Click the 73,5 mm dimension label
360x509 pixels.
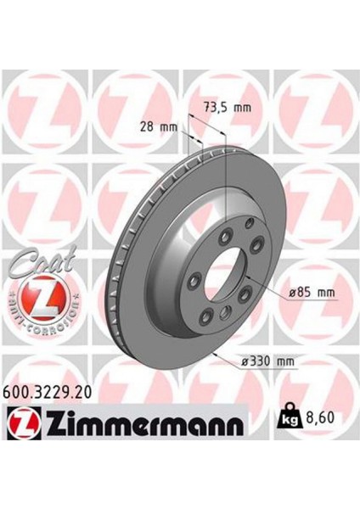(x=231, y=108)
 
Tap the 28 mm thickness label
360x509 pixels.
(x=160, y=126)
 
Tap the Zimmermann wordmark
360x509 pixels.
(x=137, y=421)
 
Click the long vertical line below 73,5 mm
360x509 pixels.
(x=226, y=195)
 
